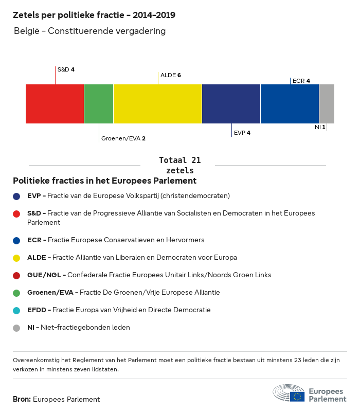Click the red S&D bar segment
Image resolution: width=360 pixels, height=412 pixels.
click(x=55, y=104)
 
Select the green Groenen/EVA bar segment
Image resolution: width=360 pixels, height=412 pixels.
click(x=99, y=104)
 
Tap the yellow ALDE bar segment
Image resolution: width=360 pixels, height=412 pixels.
click(x=157, y=104)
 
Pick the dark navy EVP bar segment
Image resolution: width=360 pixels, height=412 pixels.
click(x=231, y=104)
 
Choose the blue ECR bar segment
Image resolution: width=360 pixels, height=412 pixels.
click(x=290, y=104)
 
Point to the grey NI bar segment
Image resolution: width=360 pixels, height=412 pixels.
click(x=327, y=104)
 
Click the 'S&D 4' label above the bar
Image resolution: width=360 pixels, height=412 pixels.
click(x=66, y=69)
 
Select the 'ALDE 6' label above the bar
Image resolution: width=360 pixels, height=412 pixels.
click(x=171, y=75)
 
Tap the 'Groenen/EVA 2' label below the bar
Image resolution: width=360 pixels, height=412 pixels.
click(x=123, y=138)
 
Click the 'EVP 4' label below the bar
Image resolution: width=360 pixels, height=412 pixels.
click(x=242, y=133)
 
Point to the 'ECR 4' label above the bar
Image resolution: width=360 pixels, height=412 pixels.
click(x=301, y=81)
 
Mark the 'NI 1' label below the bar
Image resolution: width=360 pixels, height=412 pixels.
click(x=320, y=127)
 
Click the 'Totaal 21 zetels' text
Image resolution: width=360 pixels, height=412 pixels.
click(x=180, y=165)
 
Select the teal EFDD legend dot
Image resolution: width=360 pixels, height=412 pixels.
click(x=17, y=310)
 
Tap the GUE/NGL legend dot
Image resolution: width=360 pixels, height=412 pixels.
click(x=17, y=275)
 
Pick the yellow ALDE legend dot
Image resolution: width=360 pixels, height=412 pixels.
click(x=17, y=258)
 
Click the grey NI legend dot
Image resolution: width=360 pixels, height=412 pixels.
click(x=17, y=328)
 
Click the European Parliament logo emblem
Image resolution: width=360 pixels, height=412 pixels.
click(x=289, y=393)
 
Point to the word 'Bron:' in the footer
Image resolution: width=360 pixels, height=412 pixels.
click(x=22, y=399)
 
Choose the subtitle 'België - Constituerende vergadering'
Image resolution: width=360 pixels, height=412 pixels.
click(x=89, y=31)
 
